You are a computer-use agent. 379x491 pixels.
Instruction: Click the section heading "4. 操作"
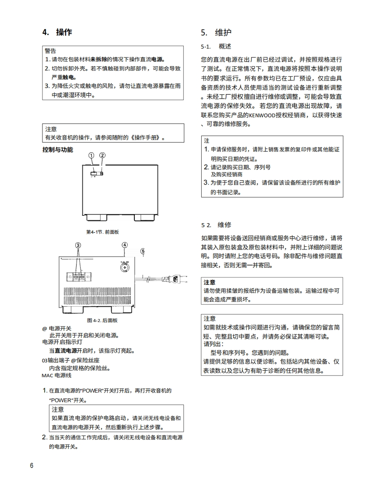(57, 32)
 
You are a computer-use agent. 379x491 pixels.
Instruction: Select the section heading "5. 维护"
(216, 32)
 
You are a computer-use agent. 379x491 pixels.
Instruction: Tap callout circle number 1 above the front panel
(91, 155)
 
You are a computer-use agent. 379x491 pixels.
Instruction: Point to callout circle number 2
(102, 155)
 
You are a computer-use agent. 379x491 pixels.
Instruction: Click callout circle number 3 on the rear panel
(78, 245)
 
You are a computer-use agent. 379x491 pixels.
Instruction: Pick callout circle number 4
(125, 245)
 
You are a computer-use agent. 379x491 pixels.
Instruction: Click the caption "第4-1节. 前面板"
(102, 232)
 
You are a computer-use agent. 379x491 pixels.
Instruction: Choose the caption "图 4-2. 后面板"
(102, 320)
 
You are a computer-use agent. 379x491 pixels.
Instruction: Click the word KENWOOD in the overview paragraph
(261, 116)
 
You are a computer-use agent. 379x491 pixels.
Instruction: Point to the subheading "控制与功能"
(58, 150)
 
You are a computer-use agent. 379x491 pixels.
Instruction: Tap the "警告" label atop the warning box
(50, 51)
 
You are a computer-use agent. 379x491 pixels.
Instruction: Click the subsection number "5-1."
(206, 46)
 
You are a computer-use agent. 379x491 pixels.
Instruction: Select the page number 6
(32, 465)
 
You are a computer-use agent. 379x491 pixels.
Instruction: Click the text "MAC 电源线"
(56, 375)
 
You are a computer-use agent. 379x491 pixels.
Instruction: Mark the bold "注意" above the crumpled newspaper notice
(210, 282)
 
